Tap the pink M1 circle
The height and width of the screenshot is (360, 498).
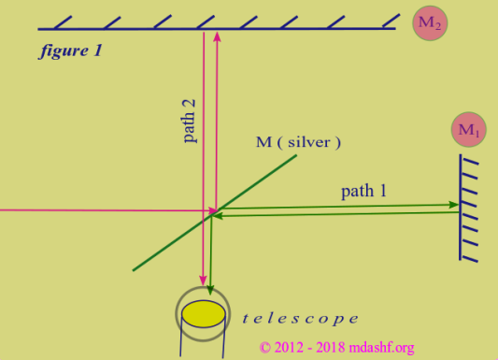[468, 130]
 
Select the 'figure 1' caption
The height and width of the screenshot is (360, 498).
[70, 51]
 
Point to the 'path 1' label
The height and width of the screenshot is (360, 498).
[363, 191]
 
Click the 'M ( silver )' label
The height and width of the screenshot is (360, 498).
[299, 142]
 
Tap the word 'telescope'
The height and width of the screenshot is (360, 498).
[300, 318]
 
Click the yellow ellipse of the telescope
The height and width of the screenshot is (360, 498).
[203, 312]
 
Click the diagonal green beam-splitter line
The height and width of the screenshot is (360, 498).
[252, 186]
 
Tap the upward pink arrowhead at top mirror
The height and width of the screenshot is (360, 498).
[217, 37]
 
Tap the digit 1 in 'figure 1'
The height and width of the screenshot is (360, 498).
[96, 51]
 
